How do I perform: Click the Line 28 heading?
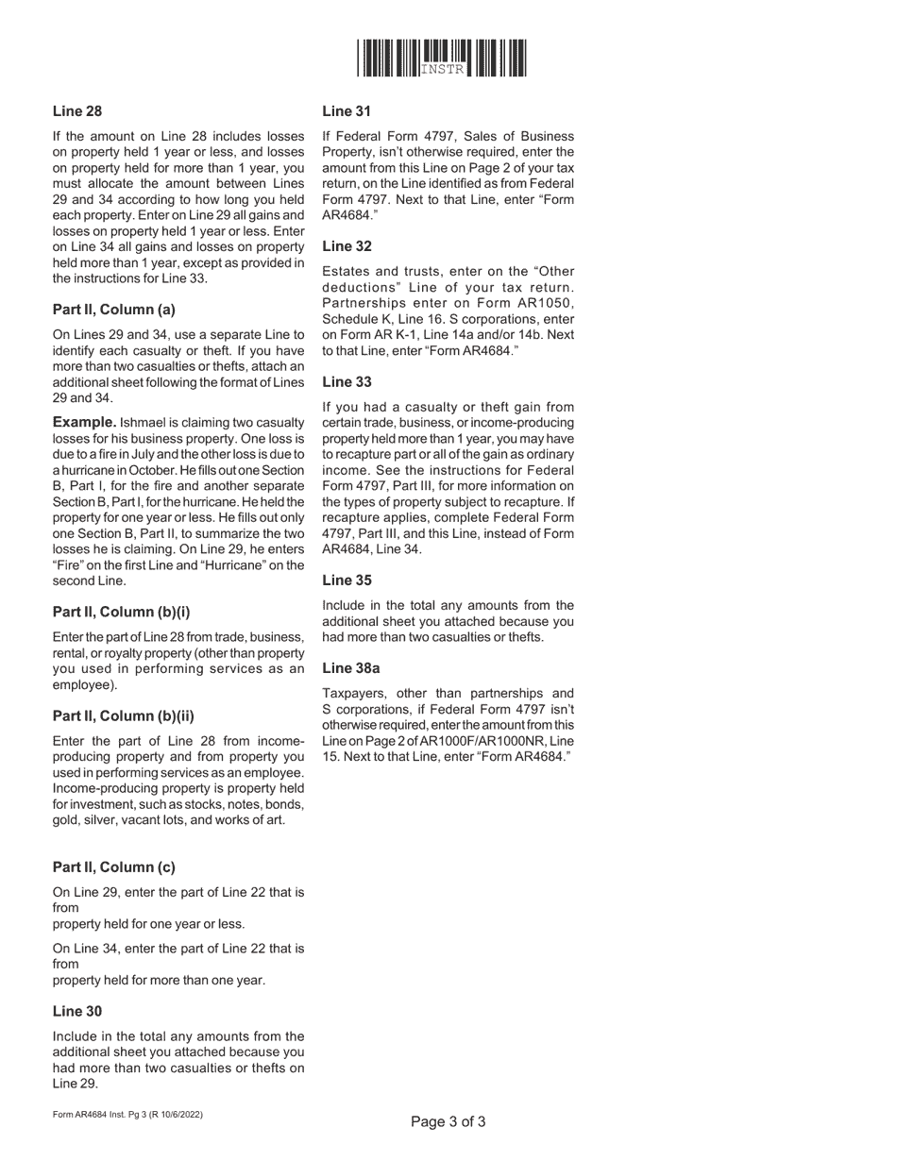77,111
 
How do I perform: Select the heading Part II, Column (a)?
113,310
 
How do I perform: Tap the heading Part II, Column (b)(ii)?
123,715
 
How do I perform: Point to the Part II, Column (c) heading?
113,867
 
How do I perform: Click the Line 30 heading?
77,1011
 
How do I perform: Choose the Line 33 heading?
347,382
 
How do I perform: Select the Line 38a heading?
351,668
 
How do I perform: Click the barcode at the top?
442,58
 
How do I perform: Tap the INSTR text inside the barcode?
442,71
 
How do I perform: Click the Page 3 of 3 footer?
448,1122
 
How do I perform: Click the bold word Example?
85,421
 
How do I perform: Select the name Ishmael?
145,422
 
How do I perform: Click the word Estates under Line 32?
346,271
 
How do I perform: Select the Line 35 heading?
347,580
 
